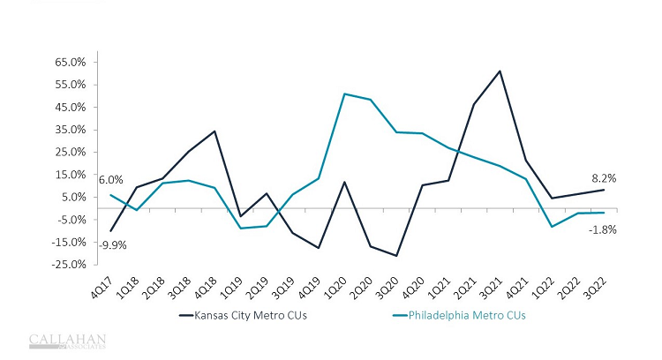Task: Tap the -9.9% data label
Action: [x=112, y=245]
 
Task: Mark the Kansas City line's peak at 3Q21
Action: [x=500, y=71]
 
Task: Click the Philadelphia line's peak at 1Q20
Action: [x=344, y=94]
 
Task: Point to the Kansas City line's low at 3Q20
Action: [x=396, y=256]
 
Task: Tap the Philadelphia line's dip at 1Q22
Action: [x=552, y=227]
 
